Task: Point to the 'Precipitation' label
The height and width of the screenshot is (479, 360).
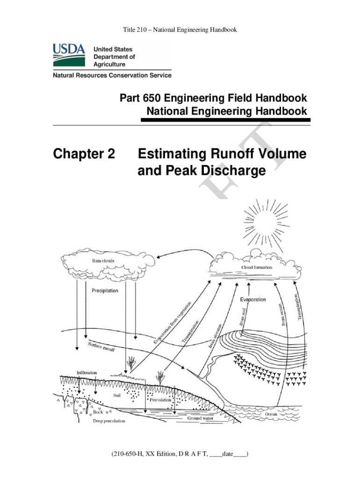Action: pos(105,290)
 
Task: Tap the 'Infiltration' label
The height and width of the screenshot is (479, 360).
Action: pos(87,372)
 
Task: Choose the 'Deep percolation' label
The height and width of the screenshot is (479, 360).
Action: pos(109,421)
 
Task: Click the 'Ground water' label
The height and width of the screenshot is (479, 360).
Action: pos(201,418)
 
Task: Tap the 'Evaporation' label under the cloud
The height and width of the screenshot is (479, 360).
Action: pos(253,299)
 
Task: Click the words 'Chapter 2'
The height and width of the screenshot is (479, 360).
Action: pos(84,153)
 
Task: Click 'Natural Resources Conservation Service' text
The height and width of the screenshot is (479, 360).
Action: pos(112,75)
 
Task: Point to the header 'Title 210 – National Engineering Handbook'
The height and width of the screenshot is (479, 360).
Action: pos(180,30)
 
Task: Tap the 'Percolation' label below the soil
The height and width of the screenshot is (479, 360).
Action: pos(161,400)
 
